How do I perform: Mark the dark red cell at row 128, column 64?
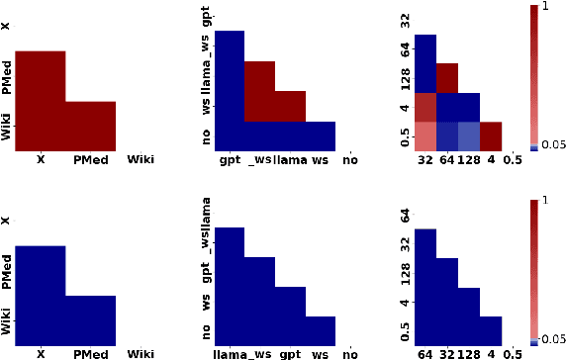447,78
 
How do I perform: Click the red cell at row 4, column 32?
425,107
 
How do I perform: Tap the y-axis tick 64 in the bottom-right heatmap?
403,215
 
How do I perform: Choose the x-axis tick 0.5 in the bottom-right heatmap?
514,353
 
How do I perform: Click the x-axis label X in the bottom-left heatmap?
41,353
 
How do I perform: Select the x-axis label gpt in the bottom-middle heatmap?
290,353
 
